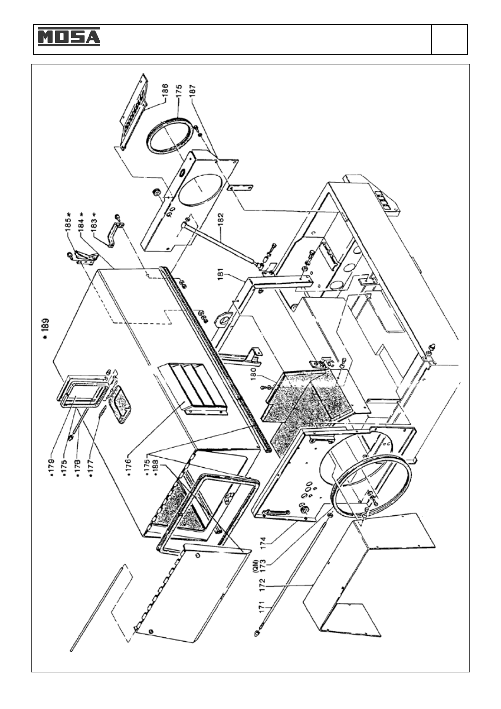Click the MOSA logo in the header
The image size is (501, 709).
[69, 37]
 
